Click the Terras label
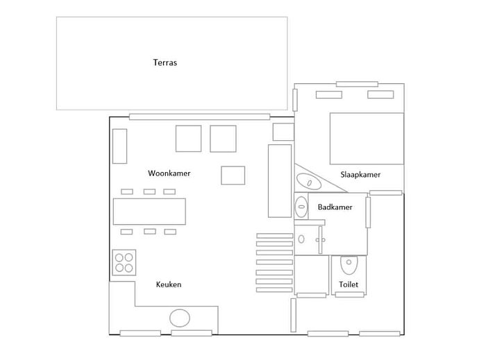(165, 62)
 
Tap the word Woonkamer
(169, 173)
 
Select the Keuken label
(169, 284)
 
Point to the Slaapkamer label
(360, 175)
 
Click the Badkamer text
(335, 207)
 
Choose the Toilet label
(349, 284)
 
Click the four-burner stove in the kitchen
(124, 262)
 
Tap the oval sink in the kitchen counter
(180, 318)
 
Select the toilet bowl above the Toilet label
(349, 265)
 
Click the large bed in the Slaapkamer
(367, 139)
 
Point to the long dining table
(149, 212)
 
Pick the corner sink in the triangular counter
(309, 182)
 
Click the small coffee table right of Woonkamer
(233, 175)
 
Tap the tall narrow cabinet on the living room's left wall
(119, 146)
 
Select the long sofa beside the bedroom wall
(280, 181)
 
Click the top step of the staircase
(275, 236)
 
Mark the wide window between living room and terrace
(199, 117)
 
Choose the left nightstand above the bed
(329, 94)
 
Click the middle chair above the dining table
(150, 191)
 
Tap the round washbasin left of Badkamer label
(301, 207)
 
